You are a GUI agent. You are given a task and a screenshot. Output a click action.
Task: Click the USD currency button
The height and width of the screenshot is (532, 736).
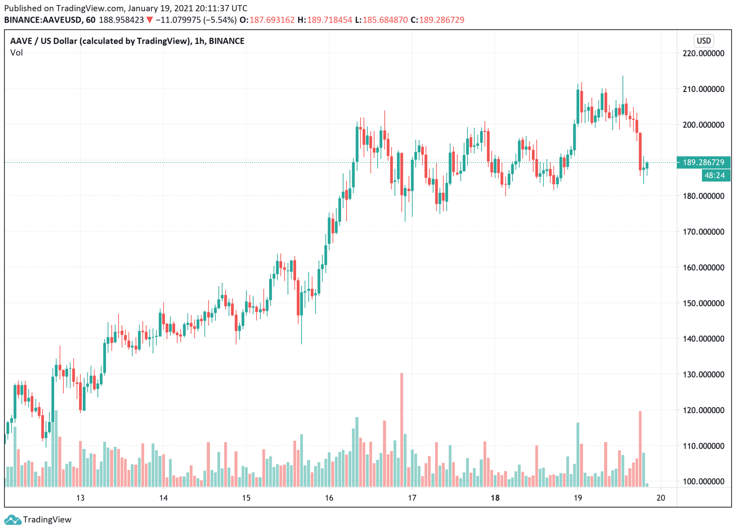(x=703, y=41)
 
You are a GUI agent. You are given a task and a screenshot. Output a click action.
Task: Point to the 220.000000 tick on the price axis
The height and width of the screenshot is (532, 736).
(x=703, y=53)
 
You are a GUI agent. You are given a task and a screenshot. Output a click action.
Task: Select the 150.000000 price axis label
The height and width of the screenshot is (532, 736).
(x=703, y=303)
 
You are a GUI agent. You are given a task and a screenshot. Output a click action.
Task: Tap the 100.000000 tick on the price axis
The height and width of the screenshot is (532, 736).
(x=703, y=481)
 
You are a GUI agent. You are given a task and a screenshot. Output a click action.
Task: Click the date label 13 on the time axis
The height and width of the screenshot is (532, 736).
(x=80, y=498)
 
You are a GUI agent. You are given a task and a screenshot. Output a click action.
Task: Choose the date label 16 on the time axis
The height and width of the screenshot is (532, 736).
(x=329, y=498)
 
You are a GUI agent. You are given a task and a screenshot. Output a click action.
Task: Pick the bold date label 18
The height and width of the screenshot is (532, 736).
(x=495, y=498)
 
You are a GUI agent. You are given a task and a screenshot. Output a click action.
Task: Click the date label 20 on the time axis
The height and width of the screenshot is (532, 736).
(x=661, y=498)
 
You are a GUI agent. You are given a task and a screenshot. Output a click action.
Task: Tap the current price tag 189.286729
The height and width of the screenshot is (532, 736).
(x=703, y=162)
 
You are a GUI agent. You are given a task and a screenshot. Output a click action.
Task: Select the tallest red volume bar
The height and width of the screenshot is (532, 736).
(x=401, y=430)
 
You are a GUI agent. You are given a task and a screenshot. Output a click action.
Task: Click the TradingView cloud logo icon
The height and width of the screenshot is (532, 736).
(x=13, y=520)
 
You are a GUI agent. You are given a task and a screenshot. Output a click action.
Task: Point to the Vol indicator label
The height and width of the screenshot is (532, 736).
(x=17, y=53)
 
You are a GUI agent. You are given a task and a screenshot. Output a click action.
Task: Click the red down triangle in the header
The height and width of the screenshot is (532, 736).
(x=149, y=20)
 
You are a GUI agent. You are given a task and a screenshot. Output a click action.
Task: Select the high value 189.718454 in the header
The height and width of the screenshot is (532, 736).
(x=329, y=20)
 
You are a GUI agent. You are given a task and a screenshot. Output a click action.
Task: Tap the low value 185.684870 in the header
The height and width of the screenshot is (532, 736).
(x=385, y=20)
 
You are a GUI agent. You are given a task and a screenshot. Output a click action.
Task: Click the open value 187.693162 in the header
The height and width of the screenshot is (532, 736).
(x=272, y=20)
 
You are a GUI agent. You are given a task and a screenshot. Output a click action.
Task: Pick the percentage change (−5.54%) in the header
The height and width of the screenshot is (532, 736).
(x=220, y=20)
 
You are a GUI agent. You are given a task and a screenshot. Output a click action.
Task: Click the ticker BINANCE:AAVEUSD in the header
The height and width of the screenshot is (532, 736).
(x=43, y=20)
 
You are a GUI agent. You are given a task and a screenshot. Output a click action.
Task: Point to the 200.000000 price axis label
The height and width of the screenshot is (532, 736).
(x=703, y=125)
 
